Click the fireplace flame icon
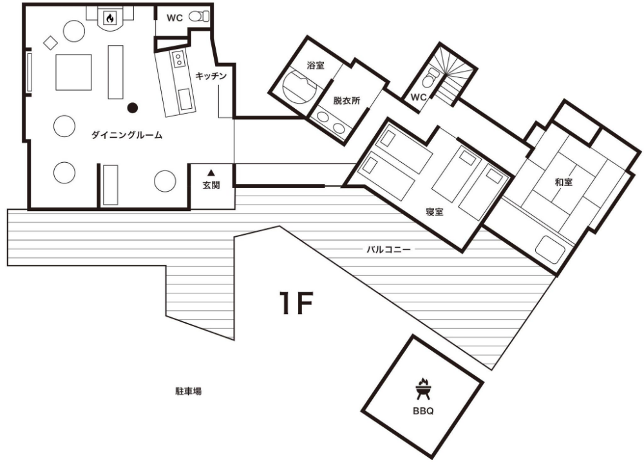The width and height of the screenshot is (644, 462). tap(110, 17)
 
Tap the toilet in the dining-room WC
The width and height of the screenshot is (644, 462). tap(198, 17)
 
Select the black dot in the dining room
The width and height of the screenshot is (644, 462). tap(132, 108)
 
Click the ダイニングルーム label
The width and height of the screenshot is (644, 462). tap(126, 135)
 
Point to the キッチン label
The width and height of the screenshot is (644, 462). tap(211, 76)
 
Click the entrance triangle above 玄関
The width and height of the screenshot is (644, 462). tap(211, 172)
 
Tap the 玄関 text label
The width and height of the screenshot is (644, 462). tap(211, 185)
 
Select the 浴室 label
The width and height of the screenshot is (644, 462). tap(316, 65)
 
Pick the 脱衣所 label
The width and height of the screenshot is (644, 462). tap(346, 100)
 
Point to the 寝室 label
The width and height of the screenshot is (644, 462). tap(435, 212)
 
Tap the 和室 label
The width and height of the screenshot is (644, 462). tap(563, 181)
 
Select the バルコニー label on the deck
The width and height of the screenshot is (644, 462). tap(388, 249)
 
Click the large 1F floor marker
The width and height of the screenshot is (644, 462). tap(296, 303)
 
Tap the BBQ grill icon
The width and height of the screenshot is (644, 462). tap(423, 389)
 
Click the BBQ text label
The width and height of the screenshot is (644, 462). tap(423, 411)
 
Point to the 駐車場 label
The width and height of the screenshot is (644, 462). tap(189, 391)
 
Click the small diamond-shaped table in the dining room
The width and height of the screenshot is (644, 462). tap(50, 42)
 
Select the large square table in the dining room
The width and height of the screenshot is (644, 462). tap(73, 72)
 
